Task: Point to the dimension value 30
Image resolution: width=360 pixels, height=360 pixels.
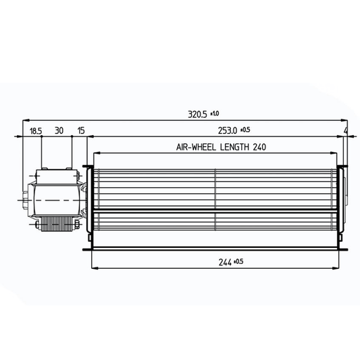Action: click(x=59, y=130)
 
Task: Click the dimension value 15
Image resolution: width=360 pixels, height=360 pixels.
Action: click(x=81, y=130)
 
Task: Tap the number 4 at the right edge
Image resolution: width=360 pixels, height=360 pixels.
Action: click(x=346, y=130)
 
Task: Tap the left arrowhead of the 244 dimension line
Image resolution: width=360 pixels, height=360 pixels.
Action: click(x=93, y=268)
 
